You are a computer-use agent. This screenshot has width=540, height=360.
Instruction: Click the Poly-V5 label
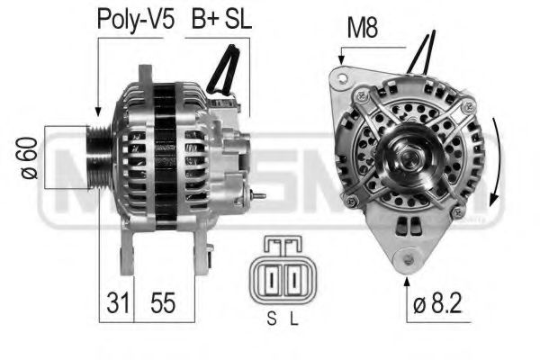[x=134, y=22]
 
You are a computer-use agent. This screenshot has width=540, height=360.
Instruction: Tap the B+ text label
[x=202, y=22]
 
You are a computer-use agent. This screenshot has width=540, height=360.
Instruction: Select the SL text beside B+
[x=238, y=22]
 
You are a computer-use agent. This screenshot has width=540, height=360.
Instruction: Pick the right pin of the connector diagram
[x=292, y=281]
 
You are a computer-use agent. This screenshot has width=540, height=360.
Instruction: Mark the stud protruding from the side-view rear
[x=260, y=194]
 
